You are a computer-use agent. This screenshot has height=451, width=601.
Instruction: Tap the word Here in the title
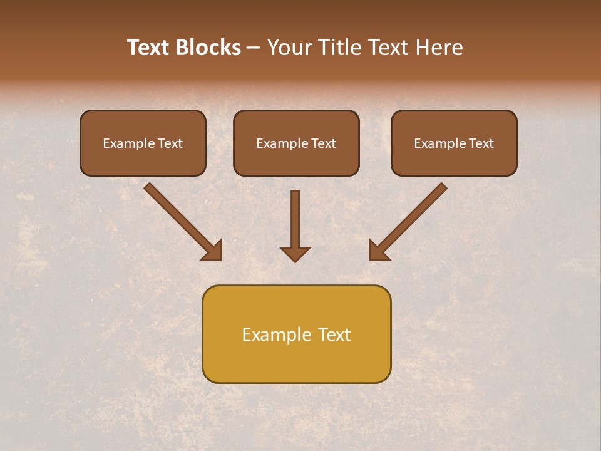click(441, 48)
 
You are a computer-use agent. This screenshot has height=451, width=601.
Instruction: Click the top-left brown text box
click(143, 143)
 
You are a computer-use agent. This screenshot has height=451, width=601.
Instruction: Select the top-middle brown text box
click(296, 143)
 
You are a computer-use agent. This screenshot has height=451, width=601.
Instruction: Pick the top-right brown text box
click(454, 143)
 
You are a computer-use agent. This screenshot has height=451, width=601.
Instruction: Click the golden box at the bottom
click(296, 334)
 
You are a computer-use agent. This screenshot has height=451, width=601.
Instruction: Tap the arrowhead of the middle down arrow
click(295, 253)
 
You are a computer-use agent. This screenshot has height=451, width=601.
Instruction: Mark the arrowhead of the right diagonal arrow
click(378, 251)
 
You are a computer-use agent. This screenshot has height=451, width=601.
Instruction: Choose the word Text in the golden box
click(335, 334)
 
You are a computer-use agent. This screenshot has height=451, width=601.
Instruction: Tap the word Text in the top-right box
click(481, 143)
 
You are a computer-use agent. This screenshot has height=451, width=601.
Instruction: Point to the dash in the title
click(254, 48)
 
